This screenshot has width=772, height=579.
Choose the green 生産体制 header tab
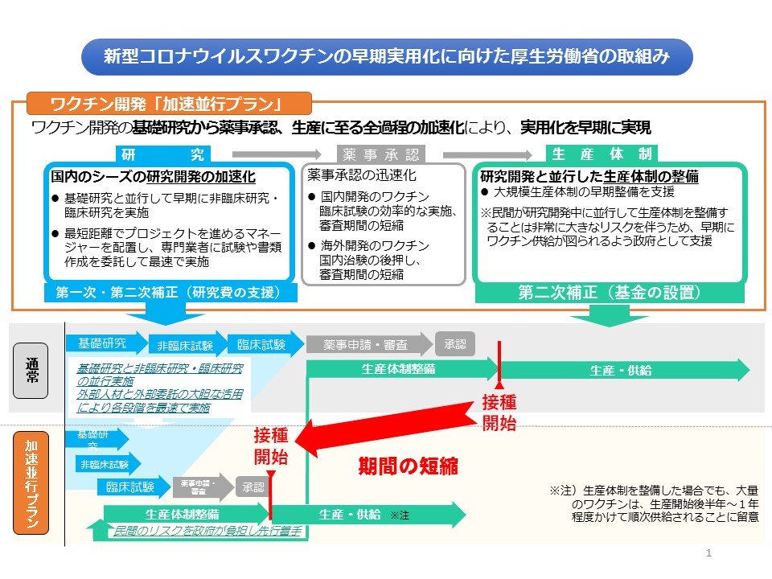(x=602, y=154)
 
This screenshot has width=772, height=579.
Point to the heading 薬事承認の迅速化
(x=362, y=175)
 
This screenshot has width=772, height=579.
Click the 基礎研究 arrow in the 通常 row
(x=105, y=344)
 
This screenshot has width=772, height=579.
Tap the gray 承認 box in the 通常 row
(x=454, y=344)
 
